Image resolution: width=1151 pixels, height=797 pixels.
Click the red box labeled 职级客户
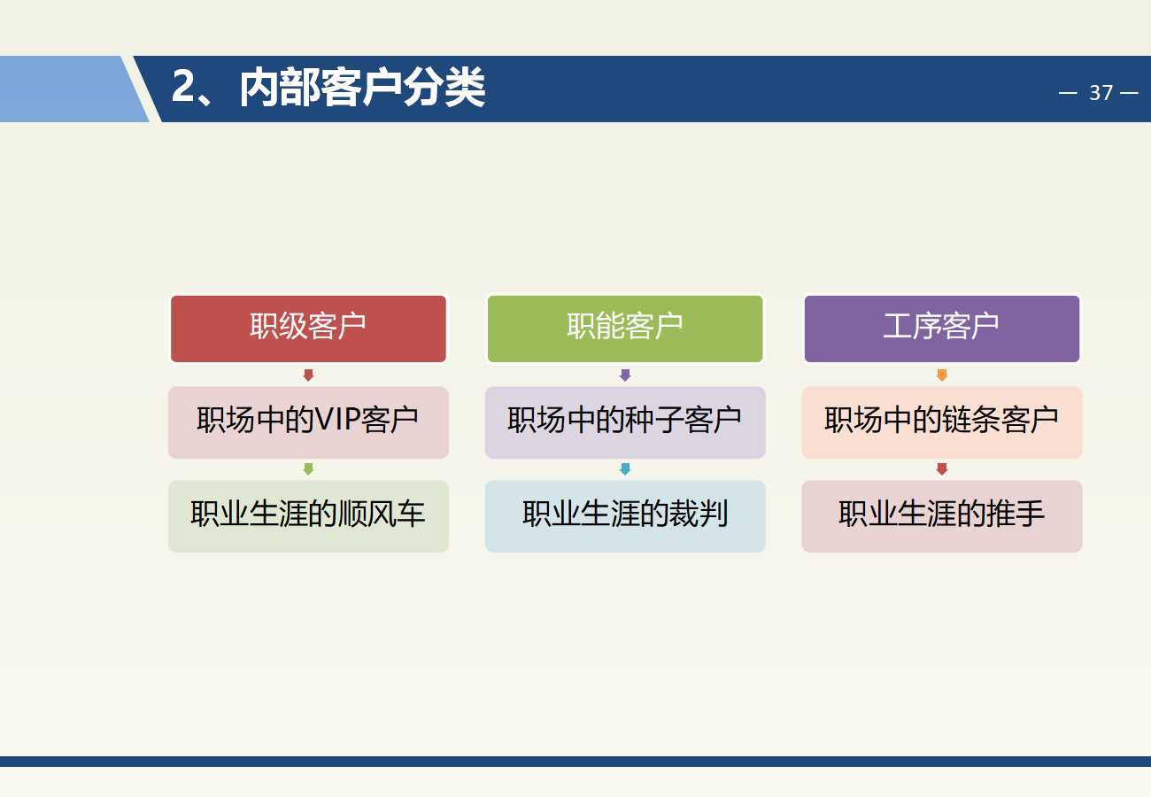(308, 329)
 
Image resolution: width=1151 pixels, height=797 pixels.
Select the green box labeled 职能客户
(625, 329)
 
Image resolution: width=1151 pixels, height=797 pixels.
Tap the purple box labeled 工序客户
(942, 329)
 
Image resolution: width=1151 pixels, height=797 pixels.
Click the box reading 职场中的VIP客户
(308, 422)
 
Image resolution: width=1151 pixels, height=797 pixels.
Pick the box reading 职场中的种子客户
(625, 422)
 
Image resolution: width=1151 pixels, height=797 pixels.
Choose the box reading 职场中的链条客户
(942, 422)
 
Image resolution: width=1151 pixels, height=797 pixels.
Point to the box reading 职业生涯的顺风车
(308, 516)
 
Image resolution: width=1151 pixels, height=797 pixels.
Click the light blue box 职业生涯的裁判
(625, 516)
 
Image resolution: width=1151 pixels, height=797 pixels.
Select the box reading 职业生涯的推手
(942, 516)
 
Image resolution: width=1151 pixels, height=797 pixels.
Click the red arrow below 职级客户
(308, 375)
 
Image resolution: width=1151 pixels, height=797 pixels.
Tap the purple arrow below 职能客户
(625, 375)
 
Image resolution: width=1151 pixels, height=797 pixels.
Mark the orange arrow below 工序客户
(942, 375)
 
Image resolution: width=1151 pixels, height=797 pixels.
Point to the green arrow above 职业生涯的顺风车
(308, 469)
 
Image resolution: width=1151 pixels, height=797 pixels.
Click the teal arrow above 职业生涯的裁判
(625, 469)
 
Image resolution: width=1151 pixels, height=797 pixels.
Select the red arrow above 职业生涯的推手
(942, 469)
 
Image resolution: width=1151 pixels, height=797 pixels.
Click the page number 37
(1101, 93)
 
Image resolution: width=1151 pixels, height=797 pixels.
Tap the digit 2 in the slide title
(183, 86)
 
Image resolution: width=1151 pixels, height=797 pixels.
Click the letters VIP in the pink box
(337, 420)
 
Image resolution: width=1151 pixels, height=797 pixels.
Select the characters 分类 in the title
(444, 87)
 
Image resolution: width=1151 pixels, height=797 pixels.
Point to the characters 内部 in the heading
(281, 87)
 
